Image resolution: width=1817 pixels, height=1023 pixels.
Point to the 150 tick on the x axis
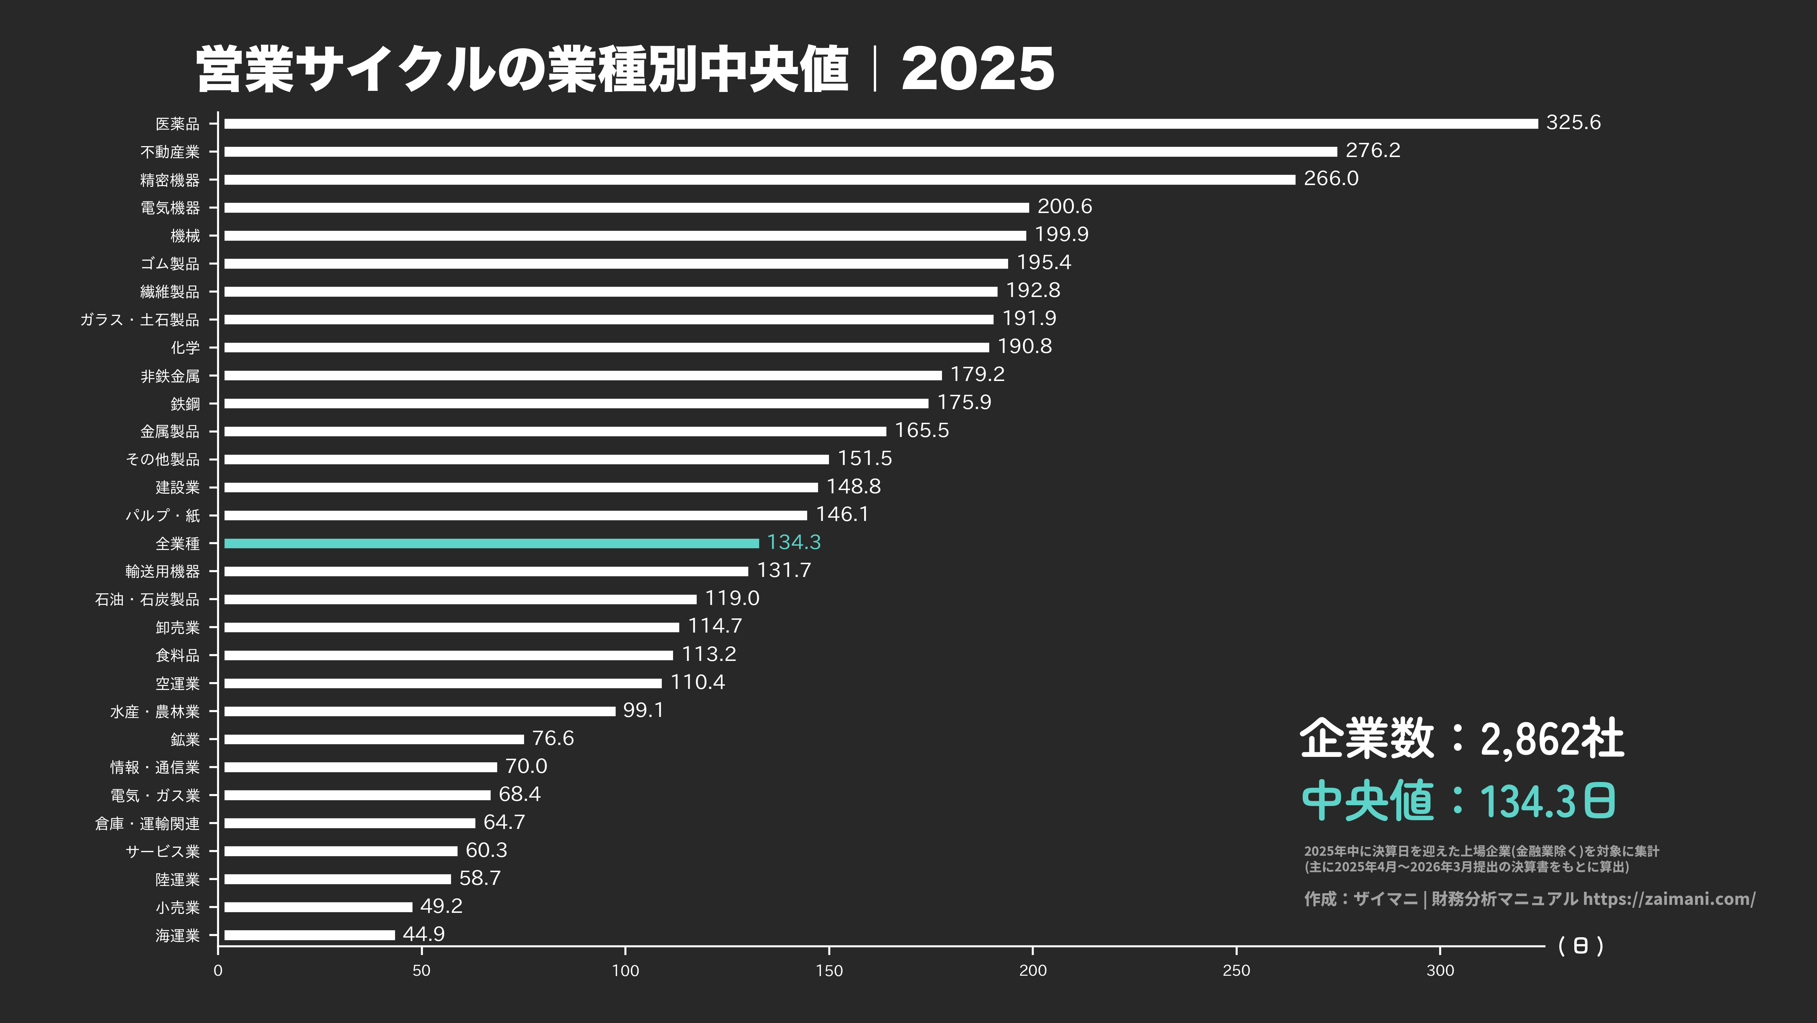829,971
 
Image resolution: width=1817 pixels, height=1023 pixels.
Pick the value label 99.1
642,710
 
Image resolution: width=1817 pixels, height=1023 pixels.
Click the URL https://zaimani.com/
1669,899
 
